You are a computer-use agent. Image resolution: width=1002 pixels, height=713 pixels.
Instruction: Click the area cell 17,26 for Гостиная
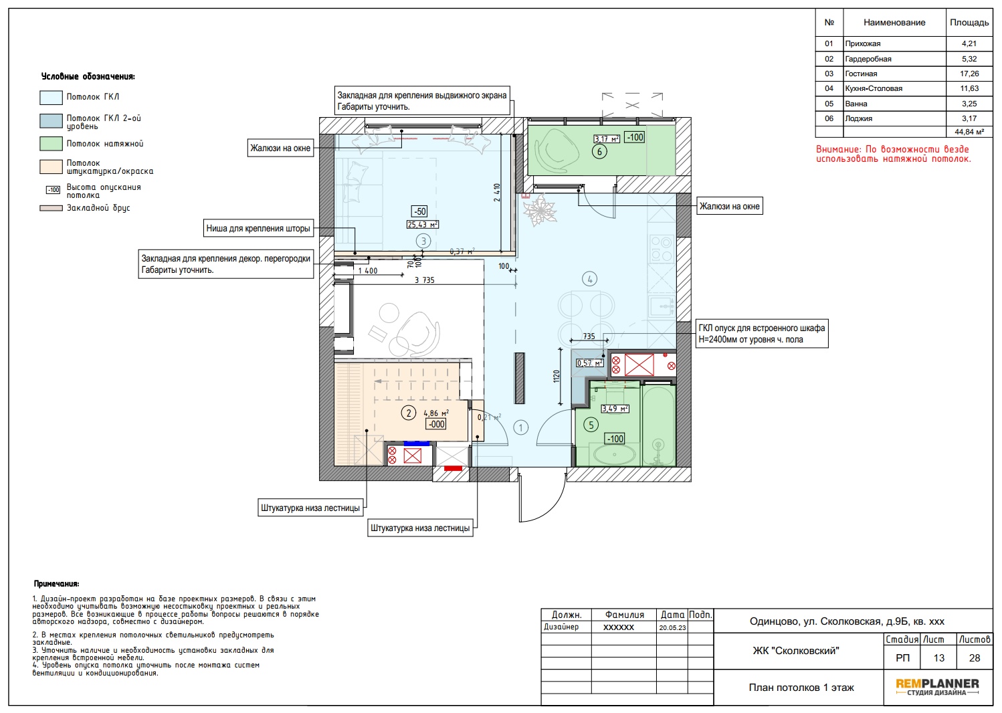969,74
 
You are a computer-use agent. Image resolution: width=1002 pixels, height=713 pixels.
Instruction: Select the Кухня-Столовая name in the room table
873,88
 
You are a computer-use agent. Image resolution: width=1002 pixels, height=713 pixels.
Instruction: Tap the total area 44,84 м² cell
969,132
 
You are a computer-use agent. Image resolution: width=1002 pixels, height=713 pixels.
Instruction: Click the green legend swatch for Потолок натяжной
51,144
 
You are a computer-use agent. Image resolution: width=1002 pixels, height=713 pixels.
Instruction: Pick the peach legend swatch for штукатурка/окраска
51,167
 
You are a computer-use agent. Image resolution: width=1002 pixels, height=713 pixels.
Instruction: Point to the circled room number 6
599,152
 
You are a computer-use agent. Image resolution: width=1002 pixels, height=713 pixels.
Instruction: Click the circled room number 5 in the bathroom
591,425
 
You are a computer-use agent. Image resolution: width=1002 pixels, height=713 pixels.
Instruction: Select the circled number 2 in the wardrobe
409,413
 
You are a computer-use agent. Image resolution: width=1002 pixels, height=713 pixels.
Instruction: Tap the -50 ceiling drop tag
419,211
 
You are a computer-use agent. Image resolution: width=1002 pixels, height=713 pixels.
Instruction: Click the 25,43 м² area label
422,225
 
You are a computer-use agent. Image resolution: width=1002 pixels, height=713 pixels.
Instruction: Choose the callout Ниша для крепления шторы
258,228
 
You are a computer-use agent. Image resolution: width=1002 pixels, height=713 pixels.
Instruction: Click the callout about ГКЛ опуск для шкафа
762,333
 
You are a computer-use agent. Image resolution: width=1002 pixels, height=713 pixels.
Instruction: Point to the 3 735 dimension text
425,280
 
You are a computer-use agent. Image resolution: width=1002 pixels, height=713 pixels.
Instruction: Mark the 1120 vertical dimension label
556,376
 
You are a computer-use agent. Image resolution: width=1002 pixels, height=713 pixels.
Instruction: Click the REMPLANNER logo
937,687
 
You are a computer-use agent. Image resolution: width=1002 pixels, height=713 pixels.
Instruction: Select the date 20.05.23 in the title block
672,627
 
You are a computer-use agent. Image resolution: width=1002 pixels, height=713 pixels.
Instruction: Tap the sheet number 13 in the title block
938,657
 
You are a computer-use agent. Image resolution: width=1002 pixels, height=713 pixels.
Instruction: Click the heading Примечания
56,584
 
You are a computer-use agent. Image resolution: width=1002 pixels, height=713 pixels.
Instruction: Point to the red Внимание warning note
894,154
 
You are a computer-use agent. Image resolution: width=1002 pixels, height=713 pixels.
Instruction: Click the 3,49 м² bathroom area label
615,409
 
